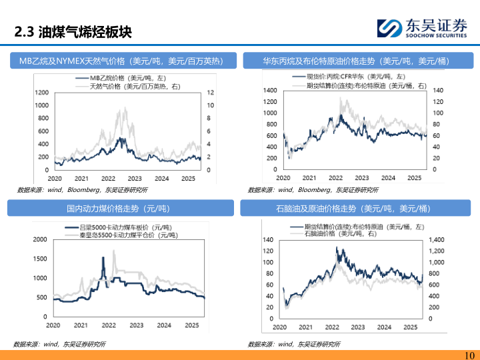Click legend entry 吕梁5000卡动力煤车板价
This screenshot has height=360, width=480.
pyautogui.click(x=120, y=228)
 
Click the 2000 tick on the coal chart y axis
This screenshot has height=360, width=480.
pyautogui.click(x=39, y=239)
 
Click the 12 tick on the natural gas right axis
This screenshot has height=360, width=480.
pyautogui.click(x=211, y=92)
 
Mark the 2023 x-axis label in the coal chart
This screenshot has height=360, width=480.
pyautogui.click(x=135, y=325)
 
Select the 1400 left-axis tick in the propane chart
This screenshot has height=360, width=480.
pyautogui.click(x=270, y=90)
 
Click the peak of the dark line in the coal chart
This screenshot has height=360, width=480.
pyautogui.click(x=103, y=257)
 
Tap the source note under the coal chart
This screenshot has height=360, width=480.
pyautogui.click(x=59, y=344)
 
